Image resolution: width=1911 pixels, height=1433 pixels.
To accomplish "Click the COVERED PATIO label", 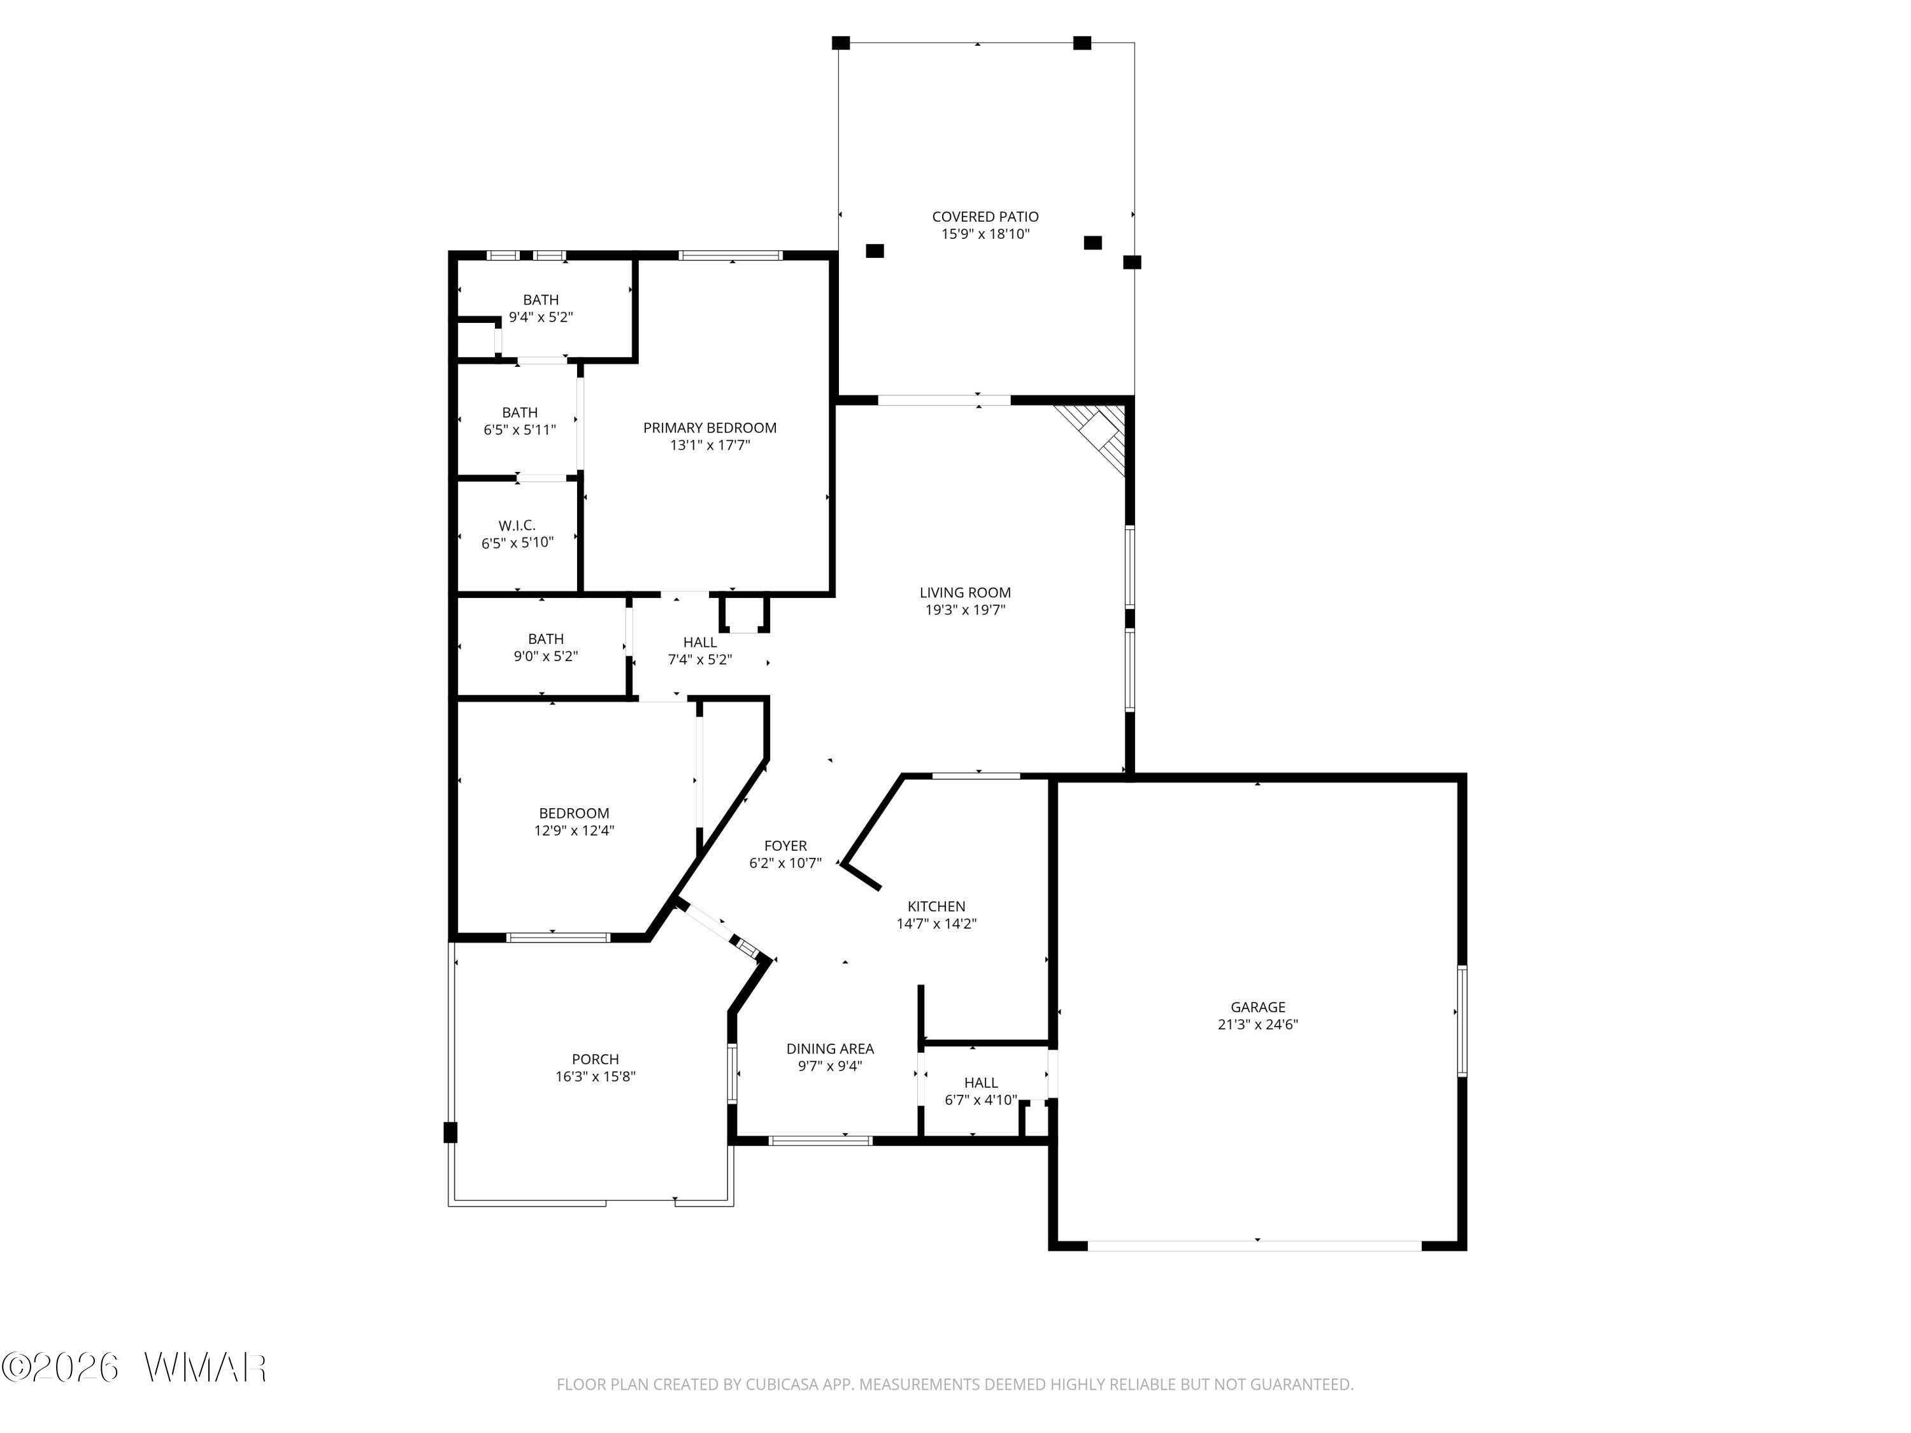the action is [985, 217].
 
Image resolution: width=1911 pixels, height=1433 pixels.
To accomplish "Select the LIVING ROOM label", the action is [965, 592].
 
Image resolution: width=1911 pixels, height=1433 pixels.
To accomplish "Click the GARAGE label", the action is [1258, 1007].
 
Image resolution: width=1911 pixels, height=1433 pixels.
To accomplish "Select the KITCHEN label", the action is [936, 906].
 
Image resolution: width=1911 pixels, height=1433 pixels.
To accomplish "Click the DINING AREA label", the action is [830, 1048].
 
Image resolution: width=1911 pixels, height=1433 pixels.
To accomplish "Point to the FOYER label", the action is [785, 846].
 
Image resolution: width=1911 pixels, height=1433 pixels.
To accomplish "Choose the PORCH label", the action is [595, 1059].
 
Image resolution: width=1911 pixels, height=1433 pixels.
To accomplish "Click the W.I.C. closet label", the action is [517, 525].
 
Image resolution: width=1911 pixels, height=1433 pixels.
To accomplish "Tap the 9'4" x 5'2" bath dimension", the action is [541, 317].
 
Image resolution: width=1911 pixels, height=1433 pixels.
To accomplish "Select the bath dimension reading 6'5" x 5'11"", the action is [519, 430].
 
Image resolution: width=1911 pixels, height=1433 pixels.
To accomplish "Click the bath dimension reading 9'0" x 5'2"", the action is [546, 657].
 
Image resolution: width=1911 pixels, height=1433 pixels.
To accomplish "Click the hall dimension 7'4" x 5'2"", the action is [700, 660].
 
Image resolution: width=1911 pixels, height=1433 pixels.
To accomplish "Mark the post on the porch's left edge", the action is [450, 1132].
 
